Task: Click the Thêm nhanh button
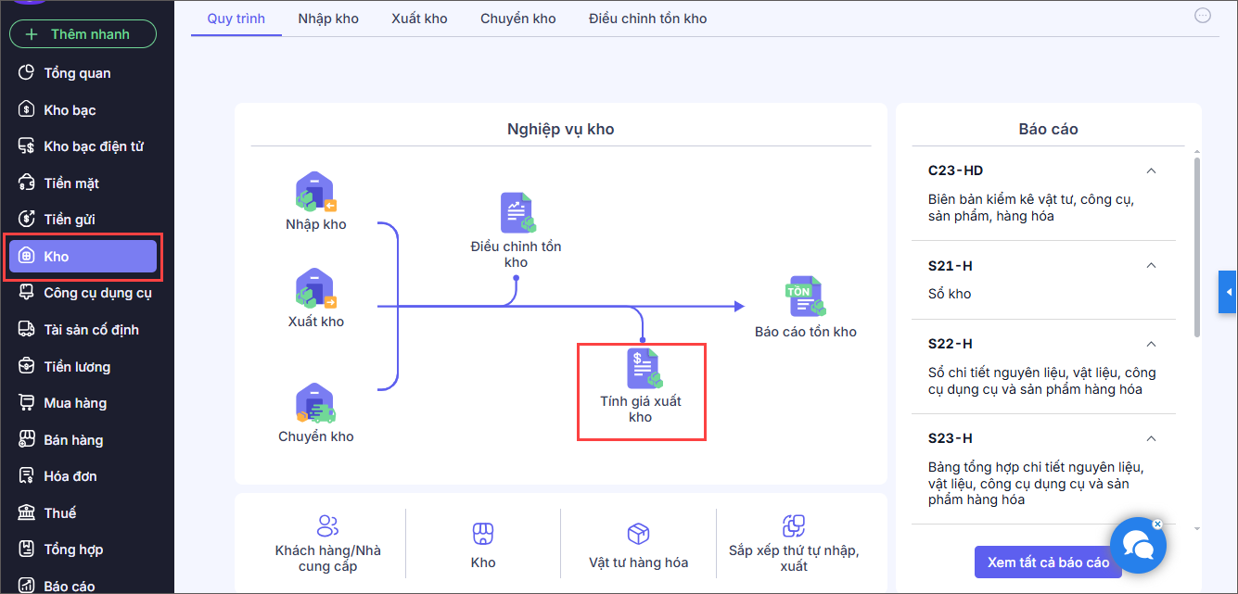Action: pos(83,34)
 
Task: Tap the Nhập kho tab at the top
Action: pos(328,19)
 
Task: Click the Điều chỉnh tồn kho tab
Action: pos(647,19)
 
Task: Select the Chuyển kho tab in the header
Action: pos(517,19)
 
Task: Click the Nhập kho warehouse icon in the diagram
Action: pos(315,192)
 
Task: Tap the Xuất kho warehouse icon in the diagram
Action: pos(315,288)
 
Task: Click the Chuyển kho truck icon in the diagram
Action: pos(315,403)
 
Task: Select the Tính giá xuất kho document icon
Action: pos(644,368)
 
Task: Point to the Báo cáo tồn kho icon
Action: pos(805,297)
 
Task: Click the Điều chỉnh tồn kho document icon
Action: pos(517,212)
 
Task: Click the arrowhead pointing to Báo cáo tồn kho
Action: pos(739,306)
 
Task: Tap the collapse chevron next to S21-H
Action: pos(1151,266)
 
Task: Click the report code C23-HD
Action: pos(955,171)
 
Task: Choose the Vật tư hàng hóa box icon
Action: pos(638,533)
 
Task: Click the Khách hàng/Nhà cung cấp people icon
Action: pos(327,525)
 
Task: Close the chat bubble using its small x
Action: pos(1157,524)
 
